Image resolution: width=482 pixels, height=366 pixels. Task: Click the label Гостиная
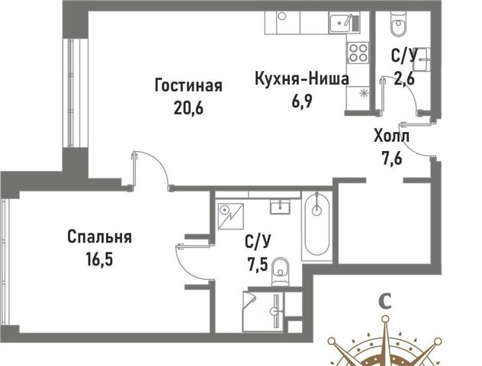pos(188,85)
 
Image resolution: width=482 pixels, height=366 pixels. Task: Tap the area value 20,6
pos(188,108)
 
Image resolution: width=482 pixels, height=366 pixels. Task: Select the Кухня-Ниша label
pos(302,79)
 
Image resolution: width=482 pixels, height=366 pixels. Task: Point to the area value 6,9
pos(302,101)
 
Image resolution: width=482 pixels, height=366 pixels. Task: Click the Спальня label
pos(100,237)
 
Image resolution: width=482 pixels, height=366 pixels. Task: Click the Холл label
pos(392,136)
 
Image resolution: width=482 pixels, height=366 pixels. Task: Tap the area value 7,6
pos(392,159)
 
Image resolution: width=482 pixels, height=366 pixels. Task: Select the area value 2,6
pos(404,78)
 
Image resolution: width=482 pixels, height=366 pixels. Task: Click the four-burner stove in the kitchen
pos(358,53)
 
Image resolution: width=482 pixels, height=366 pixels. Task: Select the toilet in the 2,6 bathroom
pos(398,24)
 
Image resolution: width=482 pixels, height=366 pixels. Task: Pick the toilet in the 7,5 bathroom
pos(281,271)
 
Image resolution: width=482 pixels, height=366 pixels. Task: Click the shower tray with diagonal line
pos(230,216)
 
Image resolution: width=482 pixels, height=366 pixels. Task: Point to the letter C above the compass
pos(385,301)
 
